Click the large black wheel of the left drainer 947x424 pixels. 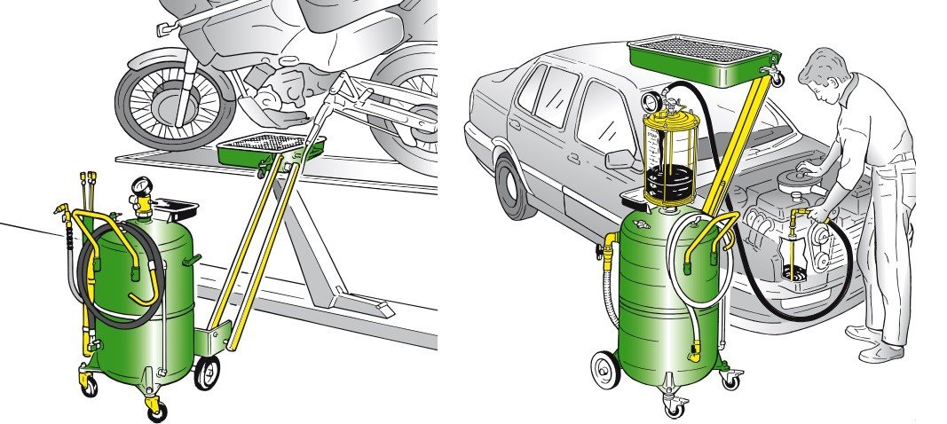pyautogui.click(x=207, y=373)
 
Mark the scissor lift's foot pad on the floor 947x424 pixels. pyautogui.click(x=376, y=310)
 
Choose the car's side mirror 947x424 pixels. pyautogui.click(x=620, y=159)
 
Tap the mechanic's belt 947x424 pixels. pyautogui.click(x=898, y=159)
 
